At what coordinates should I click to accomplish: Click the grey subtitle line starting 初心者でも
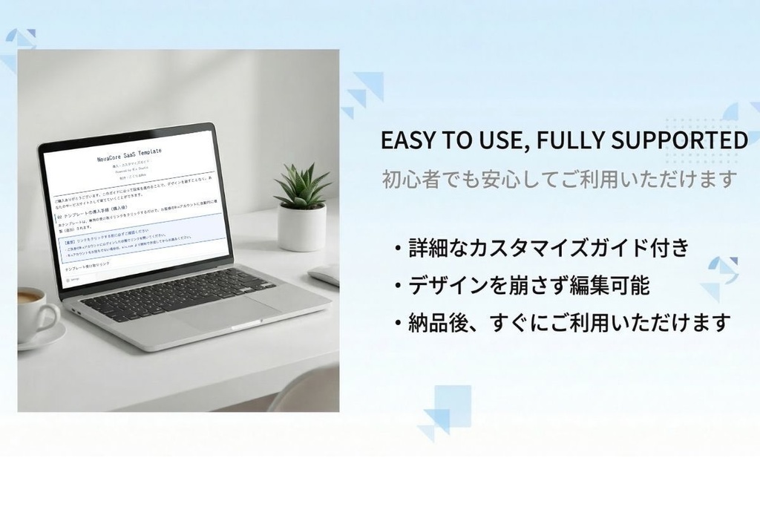coord(560,179)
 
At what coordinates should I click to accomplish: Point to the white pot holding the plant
coord(301,227)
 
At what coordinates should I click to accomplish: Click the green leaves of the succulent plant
coord(302,186)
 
